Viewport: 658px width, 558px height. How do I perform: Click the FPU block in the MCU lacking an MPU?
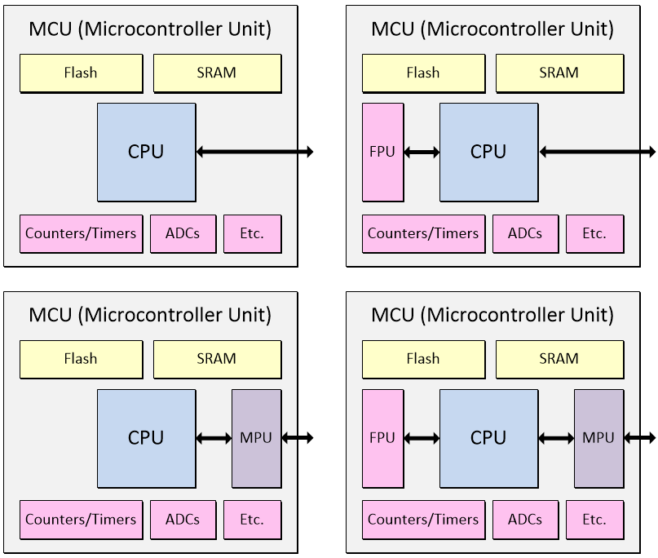(x=383, y=152)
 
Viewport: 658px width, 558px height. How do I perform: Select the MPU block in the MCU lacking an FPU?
(x=256, y=438)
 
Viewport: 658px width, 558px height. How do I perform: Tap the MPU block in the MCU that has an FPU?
(x=598, y=438)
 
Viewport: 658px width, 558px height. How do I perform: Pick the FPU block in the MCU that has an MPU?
(x=383, y=438)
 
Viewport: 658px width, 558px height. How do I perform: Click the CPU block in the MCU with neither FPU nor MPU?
(x=146, y=152)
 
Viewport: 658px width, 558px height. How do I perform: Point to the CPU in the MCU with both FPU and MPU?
(x=488, y=438)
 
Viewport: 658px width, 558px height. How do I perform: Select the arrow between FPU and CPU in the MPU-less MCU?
(x=422, y=152)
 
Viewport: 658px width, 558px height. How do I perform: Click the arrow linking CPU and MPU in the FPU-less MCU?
(x=214, y=438)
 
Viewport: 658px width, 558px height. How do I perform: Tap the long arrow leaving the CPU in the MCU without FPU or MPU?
(x=254, y=152)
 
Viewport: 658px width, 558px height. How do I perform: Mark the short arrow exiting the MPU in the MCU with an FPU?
(x=639, y=438)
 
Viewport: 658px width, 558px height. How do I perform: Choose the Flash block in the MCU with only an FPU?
(x=422, y=73)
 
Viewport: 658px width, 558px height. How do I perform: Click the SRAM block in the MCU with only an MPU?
(x=217, y=359)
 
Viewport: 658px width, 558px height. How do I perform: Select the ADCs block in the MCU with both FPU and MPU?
(x=525, y=519)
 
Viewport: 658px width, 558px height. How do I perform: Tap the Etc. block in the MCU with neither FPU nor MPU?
(x=252, y=233)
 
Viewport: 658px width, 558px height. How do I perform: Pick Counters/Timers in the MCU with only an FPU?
(x=423, y=233)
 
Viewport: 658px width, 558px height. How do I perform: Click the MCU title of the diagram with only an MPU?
(x=150, y=315)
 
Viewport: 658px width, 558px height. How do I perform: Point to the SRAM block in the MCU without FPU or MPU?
(x=217, y=73)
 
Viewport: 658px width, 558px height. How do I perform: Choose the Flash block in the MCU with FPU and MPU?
(x=422, y=359)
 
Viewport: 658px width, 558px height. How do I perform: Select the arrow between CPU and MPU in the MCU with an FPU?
(x=556, y=438)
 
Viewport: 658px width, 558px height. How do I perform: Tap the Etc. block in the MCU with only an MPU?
(x=252, y=519)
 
